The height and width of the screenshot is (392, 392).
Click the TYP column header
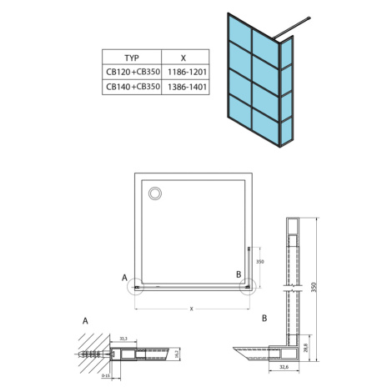click(132, 58)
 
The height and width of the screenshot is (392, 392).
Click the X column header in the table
click(183, 58)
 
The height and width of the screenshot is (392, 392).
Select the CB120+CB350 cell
click(133, 72)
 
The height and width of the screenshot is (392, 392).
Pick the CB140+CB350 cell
click(133, 87)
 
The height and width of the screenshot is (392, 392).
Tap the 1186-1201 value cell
click(187, 73)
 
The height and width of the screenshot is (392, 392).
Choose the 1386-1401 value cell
click(187, 87)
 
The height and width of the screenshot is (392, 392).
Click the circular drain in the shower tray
click(155, 193)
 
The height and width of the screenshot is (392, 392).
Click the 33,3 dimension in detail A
click(123, 339)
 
